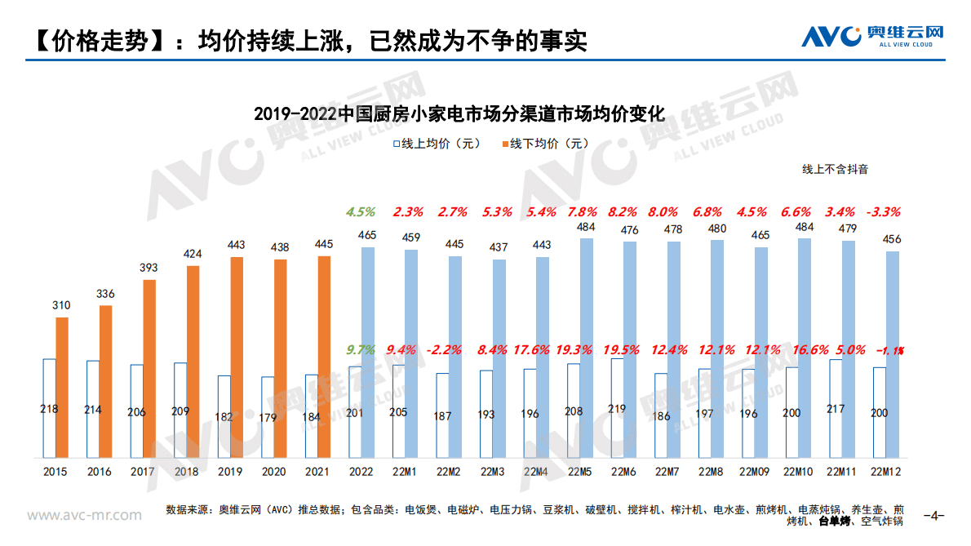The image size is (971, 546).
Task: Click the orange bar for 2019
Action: (237, 357)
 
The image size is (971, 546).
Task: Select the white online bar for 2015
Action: (49, 407)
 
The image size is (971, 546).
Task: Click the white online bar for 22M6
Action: (617, 407)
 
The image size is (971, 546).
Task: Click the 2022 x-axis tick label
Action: (361, 473)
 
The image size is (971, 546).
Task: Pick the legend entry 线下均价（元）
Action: (543, 144)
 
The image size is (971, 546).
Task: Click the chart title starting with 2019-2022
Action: (459, 113)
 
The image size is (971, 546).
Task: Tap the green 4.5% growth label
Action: (361, 212)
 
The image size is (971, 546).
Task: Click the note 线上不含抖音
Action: (835, 170)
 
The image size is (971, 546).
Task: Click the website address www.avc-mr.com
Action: (85, 515)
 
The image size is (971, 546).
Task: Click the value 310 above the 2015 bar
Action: (62, 305)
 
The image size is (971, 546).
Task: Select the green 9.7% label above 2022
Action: (361, 350)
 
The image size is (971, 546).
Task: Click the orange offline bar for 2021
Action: (324, 356)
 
